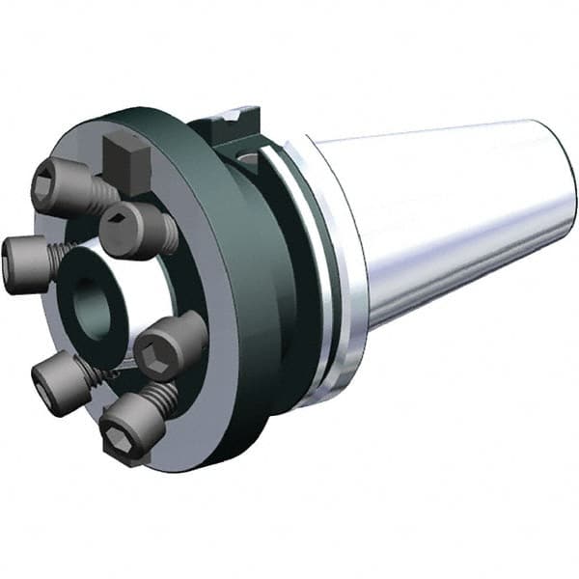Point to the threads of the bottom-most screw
[164, 396]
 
